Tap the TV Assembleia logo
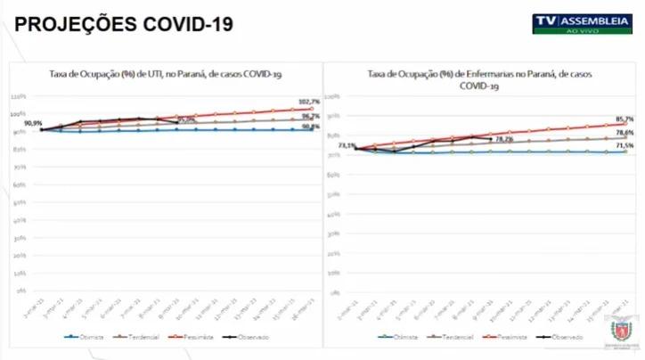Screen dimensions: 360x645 tap(583, 22)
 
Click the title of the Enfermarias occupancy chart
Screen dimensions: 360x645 tap(478, 80)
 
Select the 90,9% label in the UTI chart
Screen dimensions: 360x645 tap(33, 123)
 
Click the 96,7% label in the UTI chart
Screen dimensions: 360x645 tap(311, 117)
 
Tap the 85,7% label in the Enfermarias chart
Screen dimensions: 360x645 tap(624, 119)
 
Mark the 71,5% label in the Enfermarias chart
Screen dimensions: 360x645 tap(625, 145)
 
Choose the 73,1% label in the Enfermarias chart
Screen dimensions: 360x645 tap(347, 145)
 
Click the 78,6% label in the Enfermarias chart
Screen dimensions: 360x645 tap(625, 133)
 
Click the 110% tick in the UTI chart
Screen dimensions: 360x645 tap(18, 96)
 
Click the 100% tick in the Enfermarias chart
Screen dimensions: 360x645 tap(331, 96)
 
